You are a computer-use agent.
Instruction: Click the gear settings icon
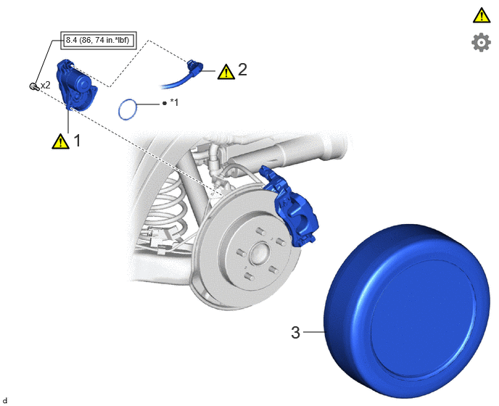(x=481, y=42)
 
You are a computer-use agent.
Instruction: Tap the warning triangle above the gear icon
(x=482, y=15)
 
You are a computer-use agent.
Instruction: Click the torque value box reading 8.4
(x=99, y=41)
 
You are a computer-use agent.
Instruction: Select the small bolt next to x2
(x=34, y=86)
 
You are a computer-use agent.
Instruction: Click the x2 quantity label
(x=46, y=86)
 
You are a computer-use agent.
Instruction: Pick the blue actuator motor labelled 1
(x=77, y=85)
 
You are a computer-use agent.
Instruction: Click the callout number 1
(x=77, y=141)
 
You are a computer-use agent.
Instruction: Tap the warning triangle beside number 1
(x=60, y=141)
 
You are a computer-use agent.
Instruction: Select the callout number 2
(x=242, y=70)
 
